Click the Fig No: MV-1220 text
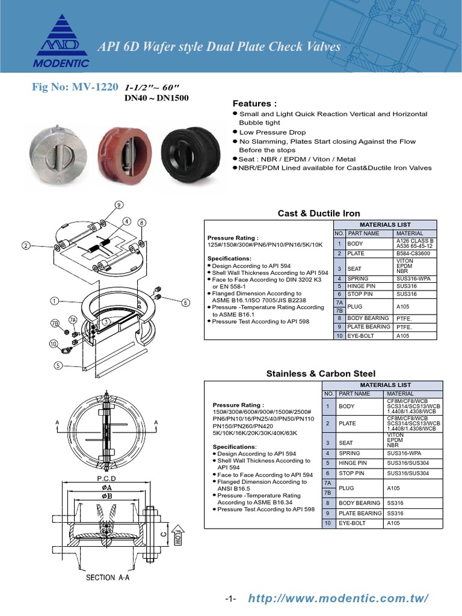(75, 87)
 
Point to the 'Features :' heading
(254, 103)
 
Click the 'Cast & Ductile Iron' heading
(319, 213)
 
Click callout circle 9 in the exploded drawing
(119, 205)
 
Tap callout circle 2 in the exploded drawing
(26, 245)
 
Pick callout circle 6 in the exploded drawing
(185, 303)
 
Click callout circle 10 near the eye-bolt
(53, 344)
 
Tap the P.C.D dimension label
(106, 479)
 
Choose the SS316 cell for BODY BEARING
(396, 502)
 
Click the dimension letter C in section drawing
(163, 533)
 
